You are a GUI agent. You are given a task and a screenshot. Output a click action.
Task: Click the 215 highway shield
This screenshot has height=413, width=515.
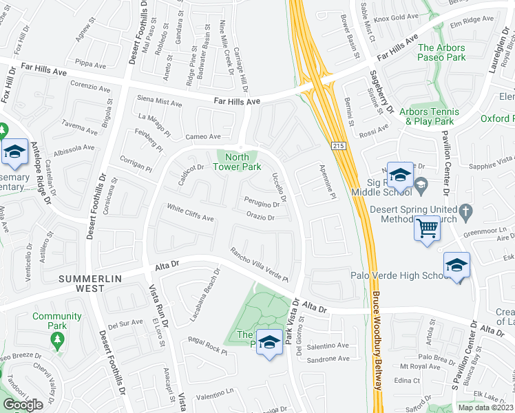(x=339, y=146)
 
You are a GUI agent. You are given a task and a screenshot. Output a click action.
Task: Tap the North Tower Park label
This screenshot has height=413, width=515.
(x=236, y=162)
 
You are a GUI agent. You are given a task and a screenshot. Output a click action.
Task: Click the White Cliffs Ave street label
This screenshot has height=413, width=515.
(x=190, y=213)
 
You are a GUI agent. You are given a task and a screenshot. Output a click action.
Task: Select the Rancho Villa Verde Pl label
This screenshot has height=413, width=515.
(x=259, y=264)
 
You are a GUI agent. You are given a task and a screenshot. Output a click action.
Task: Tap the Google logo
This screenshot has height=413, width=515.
(x=23, y=405)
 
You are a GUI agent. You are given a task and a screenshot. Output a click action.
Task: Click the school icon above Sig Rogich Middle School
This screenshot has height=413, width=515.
(x=399, y=176)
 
